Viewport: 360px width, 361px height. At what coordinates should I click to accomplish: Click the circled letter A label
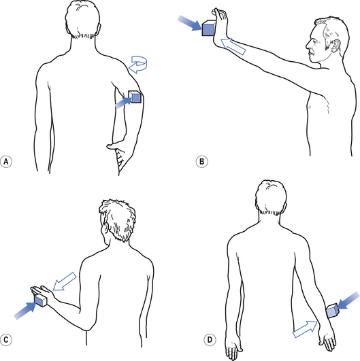click(x=6, y=161)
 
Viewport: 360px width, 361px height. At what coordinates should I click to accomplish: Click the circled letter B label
click(x=201, y=161)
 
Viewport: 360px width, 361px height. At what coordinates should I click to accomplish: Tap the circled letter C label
click(x=6, y=340)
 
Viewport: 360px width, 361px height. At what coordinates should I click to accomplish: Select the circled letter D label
click(x=210, y=340)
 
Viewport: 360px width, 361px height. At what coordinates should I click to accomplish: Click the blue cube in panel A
click(x=135, y=97)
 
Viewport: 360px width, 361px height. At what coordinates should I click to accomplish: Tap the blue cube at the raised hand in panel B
click(x=209, y=28)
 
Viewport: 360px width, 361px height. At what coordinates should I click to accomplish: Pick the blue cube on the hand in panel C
click(x=41, y=300)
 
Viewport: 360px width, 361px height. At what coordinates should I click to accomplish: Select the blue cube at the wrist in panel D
click(x=333, y=311)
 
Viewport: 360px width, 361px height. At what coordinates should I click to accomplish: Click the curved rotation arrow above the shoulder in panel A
click(x=138, y=65)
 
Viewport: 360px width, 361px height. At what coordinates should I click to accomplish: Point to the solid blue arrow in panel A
click(x=123, y=103)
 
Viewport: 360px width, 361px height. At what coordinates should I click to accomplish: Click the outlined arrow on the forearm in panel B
click(x=233, y=46)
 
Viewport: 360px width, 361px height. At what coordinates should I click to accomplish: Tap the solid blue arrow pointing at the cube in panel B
click(x=190, y=22)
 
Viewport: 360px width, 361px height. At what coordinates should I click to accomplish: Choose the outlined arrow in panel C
click(x=65, y=281)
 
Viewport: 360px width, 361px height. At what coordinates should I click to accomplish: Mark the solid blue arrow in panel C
click(x=25, y=311)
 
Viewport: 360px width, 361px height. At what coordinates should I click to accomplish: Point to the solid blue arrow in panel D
click(x=348, y=300)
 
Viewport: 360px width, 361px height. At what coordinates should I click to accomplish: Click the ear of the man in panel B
click(x=336, y=46)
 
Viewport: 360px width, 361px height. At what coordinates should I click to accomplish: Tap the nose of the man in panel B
click(x=308, y=45)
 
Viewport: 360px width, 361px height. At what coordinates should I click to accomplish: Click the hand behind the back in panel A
click(x=116, y=148)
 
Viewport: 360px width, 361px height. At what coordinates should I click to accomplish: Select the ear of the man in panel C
click(x=106, y=229)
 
